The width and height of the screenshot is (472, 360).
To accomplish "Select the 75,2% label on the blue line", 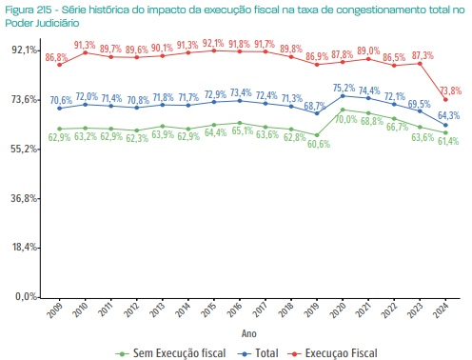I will (344, 88).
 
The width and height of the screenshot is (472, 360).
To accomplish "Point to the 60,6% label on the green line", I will (318, 145).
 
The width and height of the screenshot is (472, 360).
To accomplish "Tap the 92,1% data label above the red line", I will (213, 43).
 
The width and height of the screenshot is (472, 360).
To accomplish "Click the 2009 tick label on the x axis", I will (55, 311).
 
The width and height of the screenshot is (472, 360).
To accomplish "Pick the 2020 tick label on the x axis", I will (340, 311).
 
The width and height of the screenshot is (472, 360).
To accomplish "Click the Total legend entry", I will (260, 352).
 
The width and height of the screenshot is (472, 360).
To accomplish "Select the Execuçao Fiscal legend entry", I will (332, 352).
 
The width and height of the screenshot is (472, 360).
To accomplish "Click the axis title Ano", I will (248, 333).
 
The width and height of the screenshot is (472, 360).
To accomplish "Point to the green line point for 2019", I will (318, 134).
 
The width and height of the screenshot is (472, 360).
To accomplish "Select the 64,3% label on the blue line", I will (449, 115).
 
